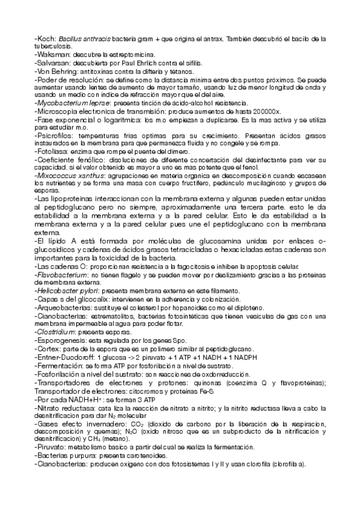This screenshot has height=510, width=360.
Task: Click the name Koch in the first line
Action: [x=46, y=38]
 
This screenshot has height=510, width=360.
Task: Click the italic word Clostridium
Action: [x=56, y=331]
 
